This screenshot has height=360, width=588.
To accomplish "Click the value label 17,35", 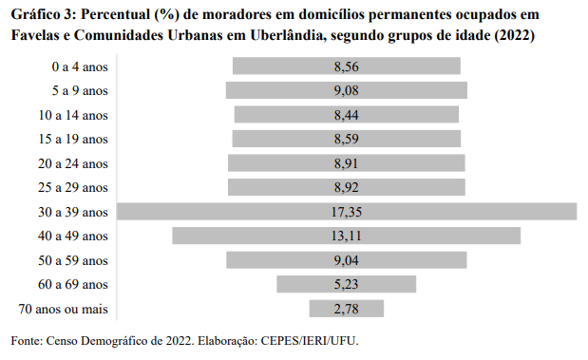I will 347,211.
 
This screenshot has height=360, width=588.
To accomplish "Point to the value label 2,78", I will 347,308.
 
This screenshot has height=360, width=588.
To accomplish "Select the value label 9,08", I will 347,90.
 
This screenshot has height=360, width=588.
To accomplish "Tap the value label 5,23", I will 347,284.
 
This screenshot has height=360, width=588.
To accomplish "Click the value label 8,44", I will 347,114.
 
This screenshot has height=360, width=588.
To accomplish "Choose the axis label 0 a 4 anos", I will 81,66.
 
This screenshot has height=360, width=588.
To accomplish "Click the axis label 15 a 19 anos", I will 74,139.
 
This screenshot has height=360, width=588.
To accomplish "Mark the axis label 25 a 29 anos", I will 74,187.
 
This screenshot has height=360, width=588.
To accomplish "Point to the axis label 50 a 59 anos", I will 74,259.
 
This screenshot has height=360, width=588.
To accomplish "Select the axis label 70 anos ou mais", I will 64,308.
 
